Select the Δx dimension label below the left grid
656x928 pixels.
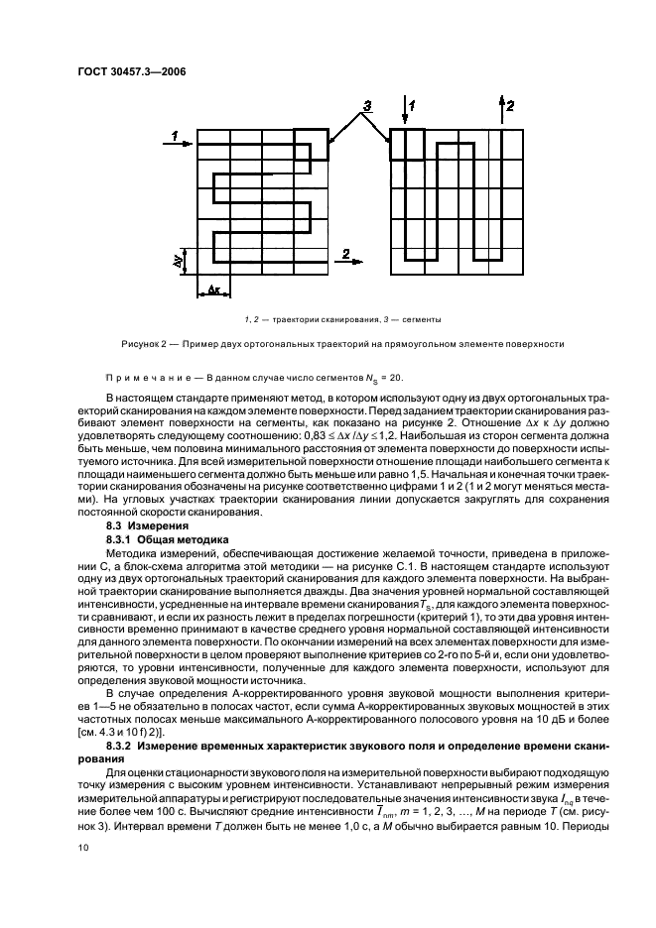tap(214, 290)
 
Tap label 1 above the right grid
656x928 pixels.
tap(414, 104)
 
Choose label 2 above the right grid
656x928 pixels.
tap(510, 104)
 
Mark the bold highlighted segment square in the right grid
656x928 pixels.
tap(407, 144)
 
